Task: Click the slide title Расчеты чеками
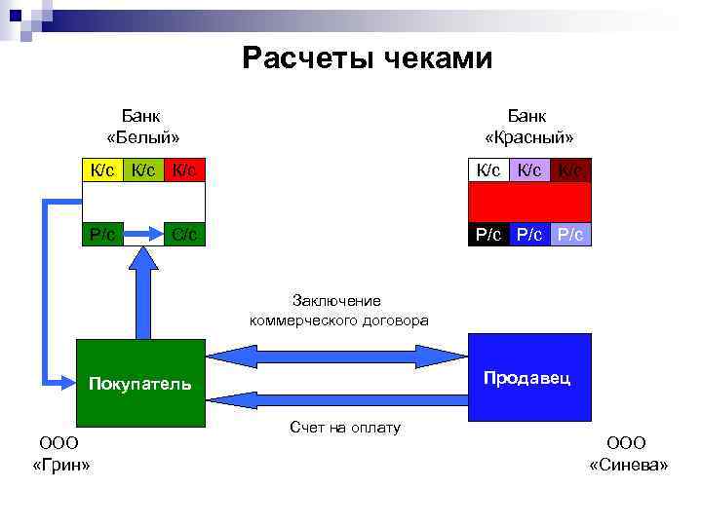pos(368,58)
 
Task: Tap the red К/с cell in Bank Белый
pos(184,170)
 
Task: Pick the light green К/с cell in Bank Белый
pos(142,170)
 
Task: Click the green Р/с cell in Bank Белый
pos(101,234)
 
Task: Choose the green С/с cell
pos(184,234)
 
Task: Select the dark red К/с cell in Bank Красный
pos(570,170)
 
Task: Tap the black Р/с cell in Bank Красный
pos(488,234)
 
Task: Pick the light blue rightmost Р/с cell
pos(570,234)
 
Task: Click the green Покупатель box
pos(141,383)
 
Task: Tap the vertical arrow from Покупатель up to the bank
pos(143,292)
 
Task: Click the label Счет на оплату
pos(344,428)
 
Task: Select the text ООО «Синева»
pos(629,453)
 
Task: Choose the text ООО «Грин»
pos(60,453)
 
